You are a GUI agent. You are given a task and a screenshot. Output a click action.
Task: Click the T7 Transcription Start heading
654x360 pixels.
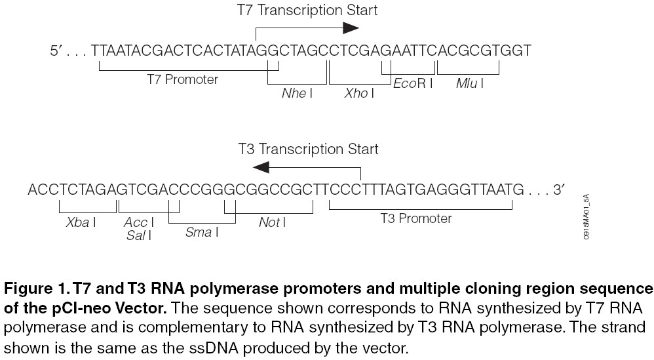tap(307, 10)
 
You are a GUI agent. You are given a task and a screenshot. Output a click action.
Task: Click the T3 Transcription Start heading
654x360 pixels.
tap(307, 149)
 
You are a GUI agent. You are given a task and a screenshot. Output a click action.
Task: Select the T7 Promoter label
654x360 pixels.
tap(182, 79)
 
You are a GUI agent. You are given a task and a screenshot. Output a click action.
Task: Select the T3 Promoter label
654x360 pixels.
tap(416, 218)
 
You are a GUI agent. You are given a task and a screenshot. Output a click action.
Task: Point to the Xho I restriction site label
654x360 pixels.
tap(358, 93)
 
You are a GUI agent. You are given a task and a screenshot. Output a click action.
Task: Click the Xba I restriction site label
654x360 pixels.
tap(81, 222)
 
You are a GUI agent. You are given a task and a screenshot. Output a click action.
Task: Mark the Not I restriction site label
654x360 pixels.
tap(271, 222)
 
